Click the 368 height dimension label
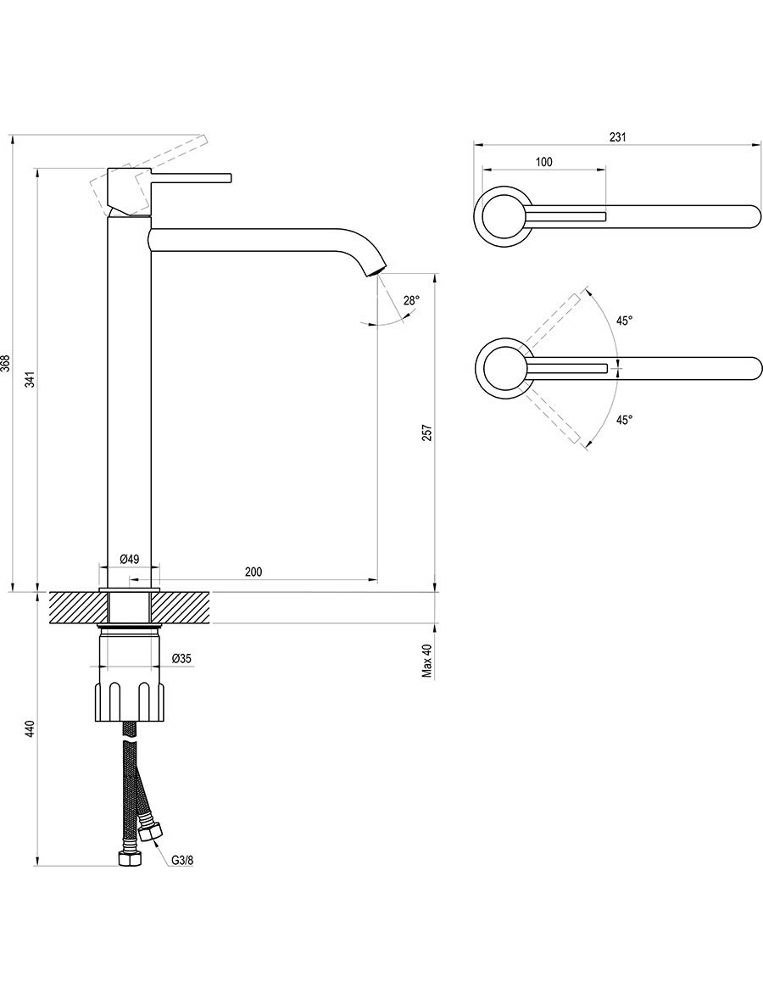tap(5, 363)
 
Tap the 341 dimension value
tap(30, 381)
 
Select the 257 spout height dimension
tap(428, 433)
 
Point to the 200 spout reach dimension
tap(253, 572)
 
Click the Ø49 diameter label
tap(130, 559)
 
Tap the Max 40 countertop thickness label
tap(427, 661)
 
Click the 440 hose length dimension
tap(30, 728)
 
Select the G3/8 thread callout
tap(181, 860)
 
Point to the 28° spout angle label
tap(411, 301)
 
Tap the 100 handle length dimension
tap(543, 162)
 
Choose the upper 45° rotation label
tap(624, 321)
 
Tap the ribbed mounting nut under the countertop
tap(131, 702)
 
